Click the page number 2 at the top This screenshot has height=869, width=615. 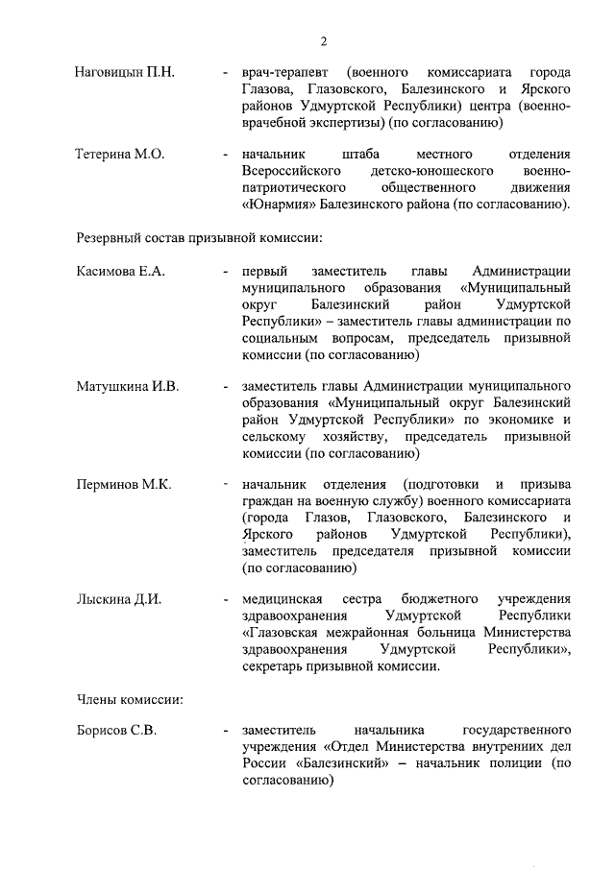click(x=324, y=40)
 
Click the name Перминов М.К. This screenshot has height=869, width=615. click(x=123, y=484)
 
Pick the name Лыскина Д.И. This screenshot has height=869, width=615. click(x=118, y=599)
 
